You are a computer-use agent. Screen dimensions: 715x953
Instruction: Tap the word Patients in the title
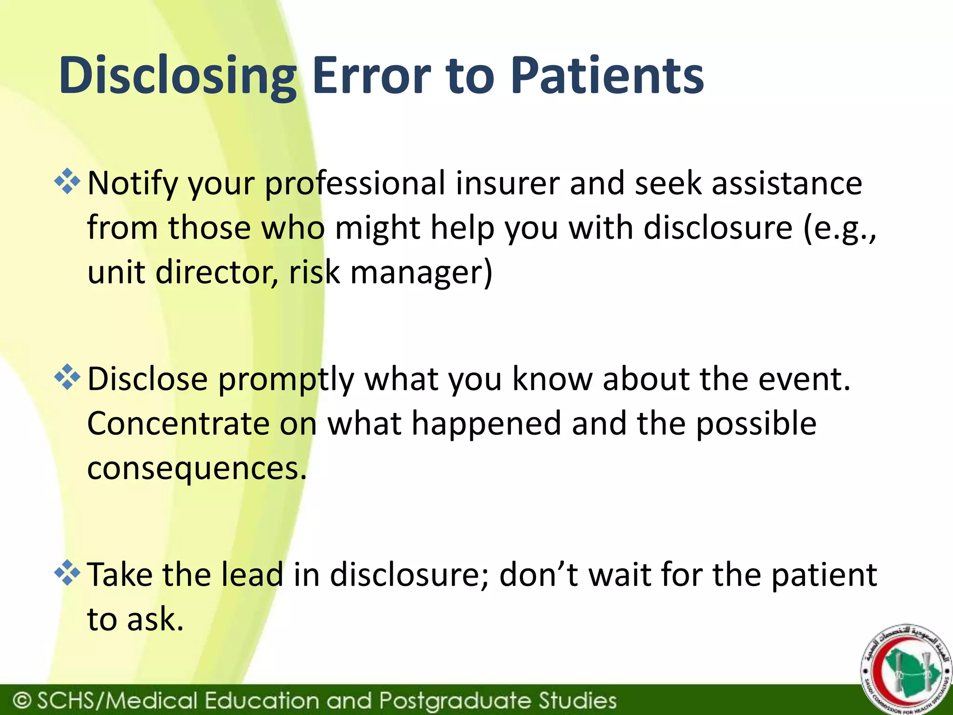(607, 76)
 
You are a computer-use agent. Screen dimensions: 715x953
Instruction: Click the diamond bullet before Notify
(67, 182)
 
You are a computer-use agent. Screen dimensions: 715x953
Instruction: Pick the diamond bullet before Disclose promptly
(67, 378)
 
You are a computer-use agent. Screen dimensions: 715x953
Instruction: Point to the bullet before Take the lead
(67, 573)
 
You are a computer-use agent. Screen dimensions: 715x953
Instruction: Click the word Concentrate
(178, 423)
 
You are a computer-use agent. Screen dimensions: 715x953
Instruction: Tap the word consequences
(197, 469)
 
